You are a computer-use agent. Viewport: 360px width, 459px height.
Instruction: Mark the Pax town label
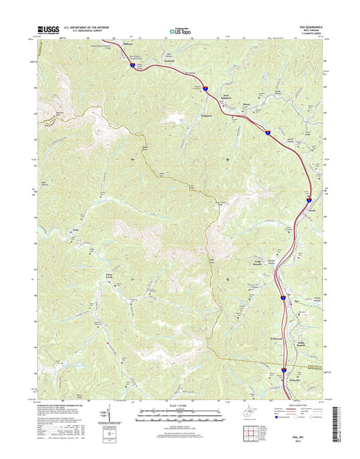[x=296, y=301]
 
